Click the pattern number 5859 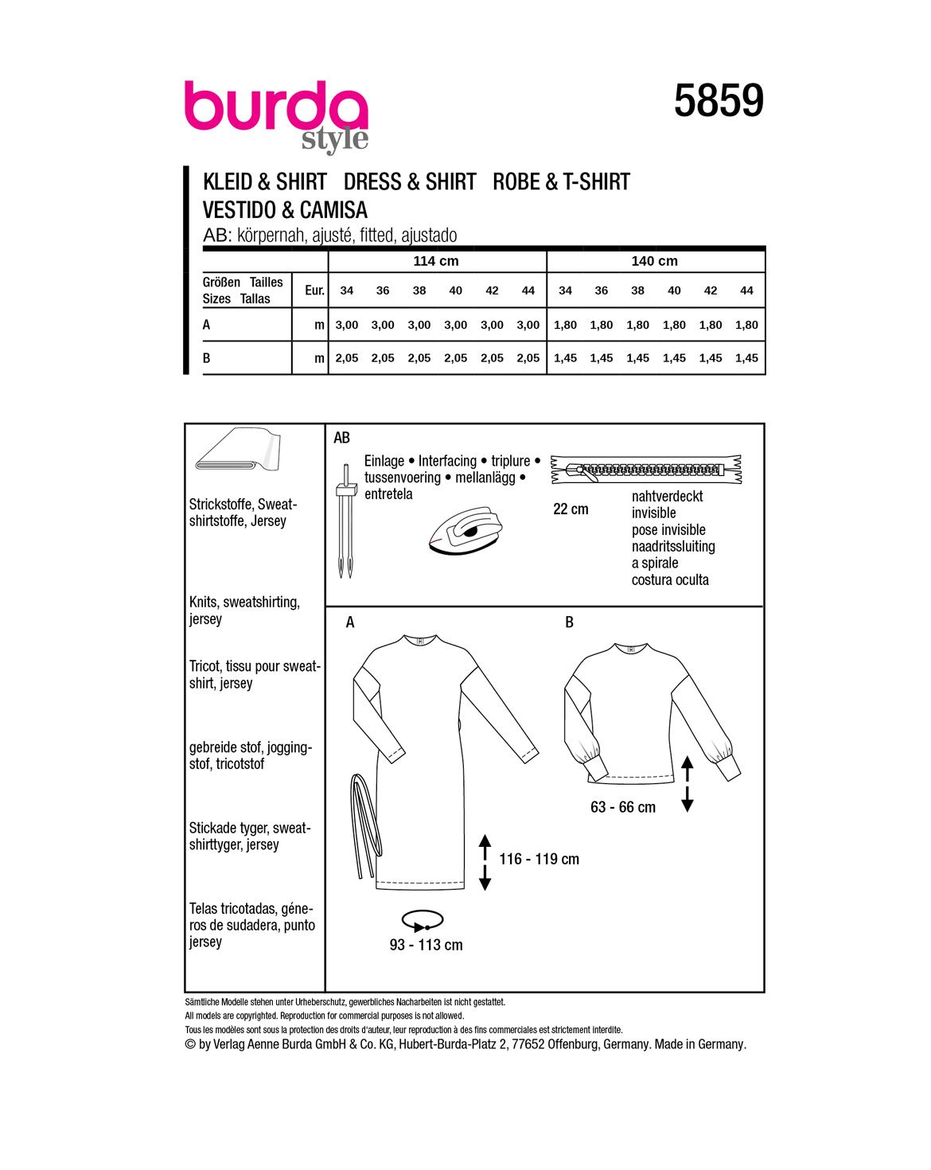tap(719, 102)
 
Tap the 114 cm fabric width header tap(436, 261)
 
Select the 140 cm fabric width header tap(655, 261)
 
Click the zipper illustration tap(645, 470)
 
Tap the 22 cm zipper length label tap(571, 509)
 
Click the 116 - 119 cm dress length tap(539, 860)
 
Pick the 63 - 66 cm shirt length tap(623, 808)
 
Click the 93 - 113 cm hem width tap(426, 946)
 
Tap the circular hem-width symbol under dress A tap(423, 921)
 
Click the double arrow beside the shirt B tap(688, 784)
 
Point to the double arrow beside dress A tap(485, 861)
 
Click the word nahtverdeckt tap(667, 497)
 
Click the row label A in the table tap(207, 325)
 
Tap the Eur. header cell tap(314, 291)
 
